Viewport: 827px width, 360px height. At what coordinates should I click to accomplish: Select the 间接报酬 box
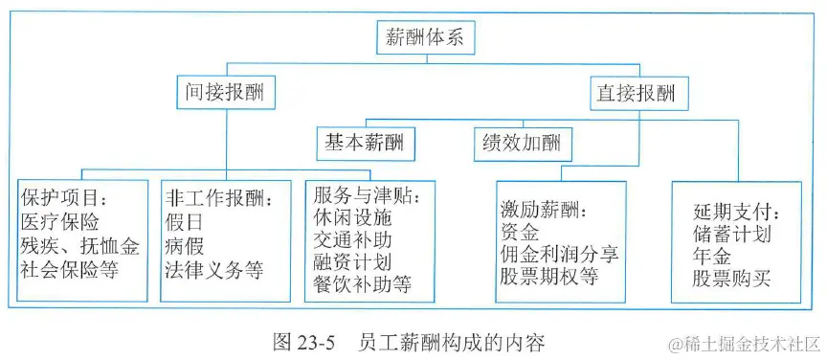225,94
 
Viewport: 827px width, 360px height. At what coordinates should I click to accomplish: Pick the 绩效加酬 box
523,146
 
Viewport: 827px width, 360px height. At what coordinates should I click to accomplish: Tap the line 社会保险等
70,269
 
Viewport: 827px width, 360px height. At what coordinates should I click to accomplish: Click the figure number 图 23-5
302,341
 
